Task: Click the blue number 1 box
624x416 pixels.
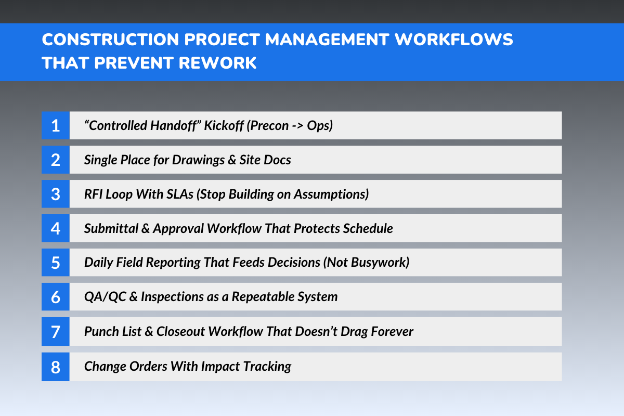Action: coord(55,125)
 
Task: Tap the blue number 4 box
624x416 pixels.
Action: coord(55,228)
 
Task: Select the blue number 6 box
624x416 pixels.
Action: coord(55,297)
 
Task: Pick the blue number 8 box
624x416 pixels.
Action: coord(55,367)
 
